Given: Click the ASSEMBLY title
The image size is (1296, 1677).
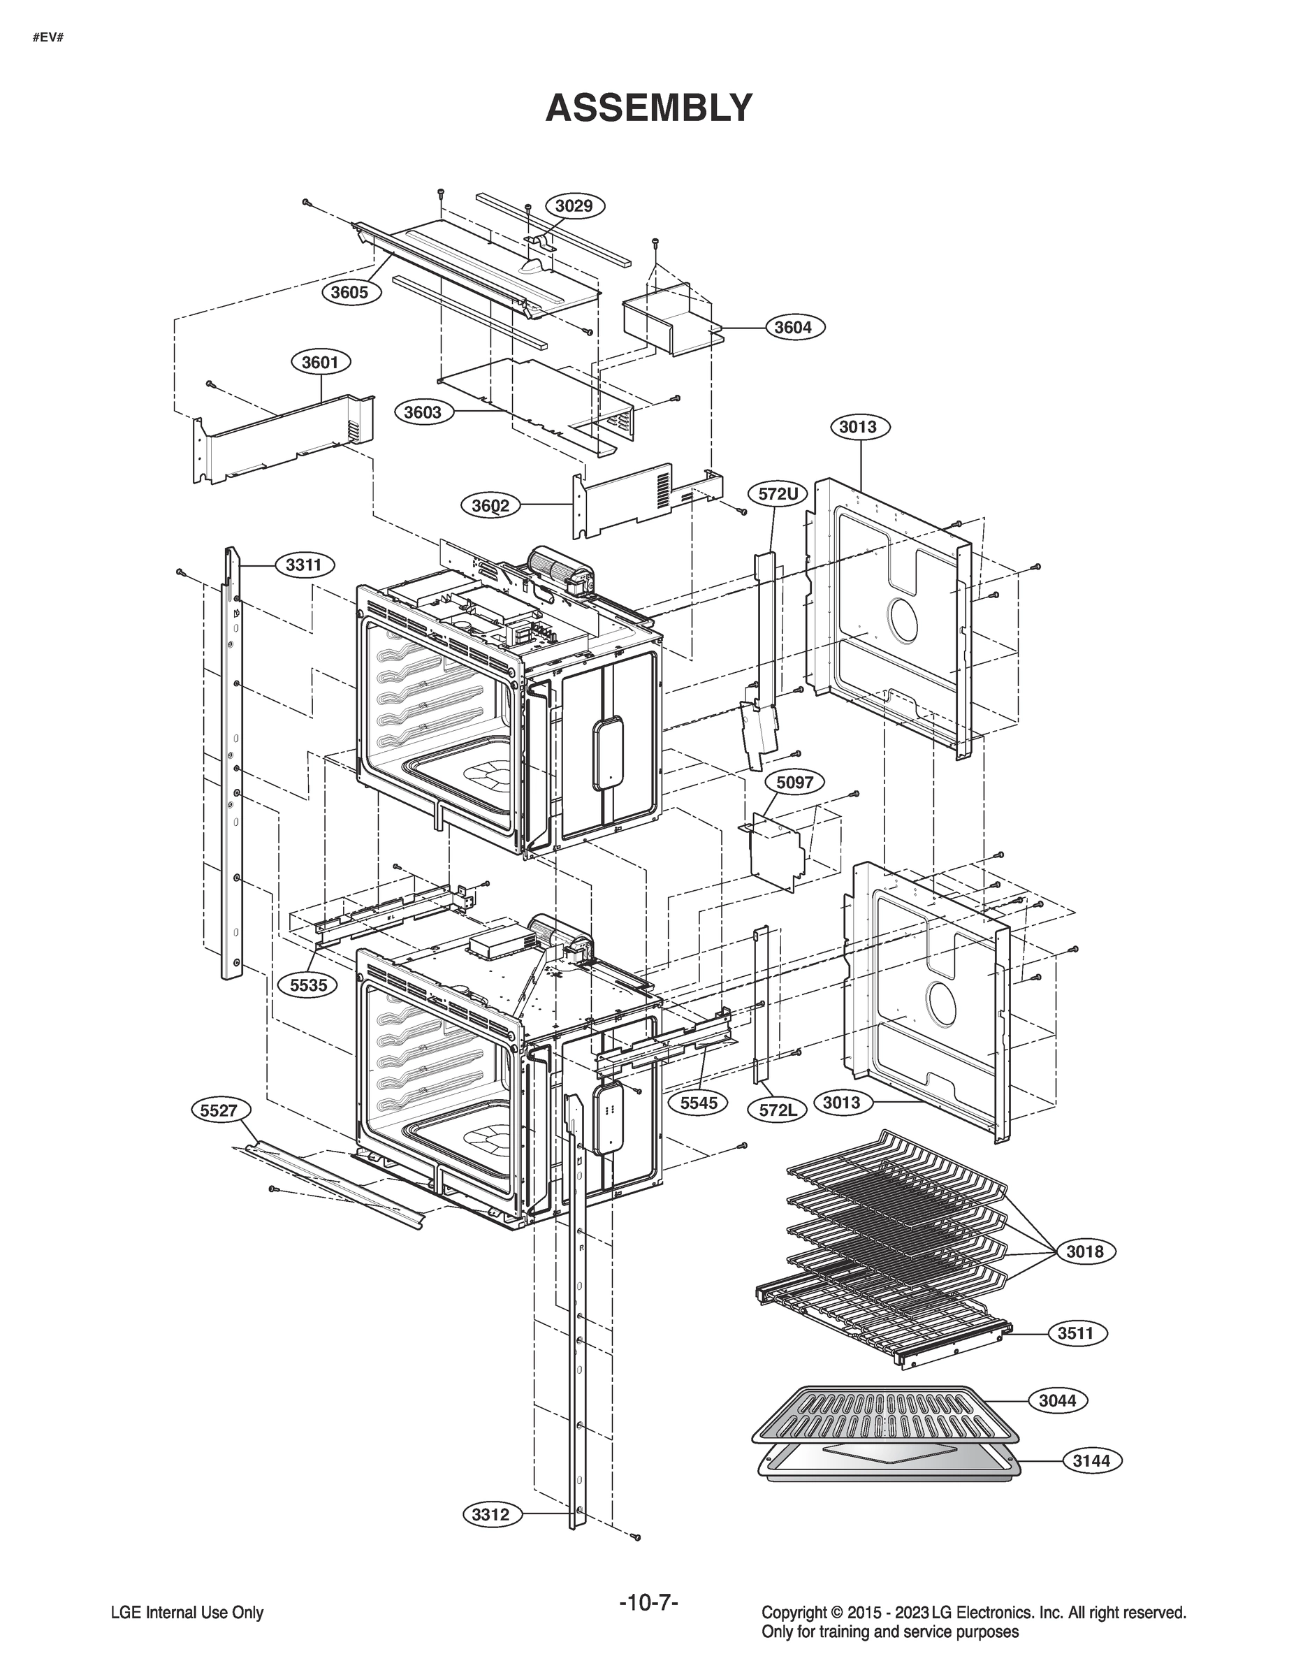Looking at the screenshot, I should click(648, 108).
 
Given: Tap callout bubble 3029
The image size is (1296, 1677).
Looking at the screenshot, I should click(574, 206).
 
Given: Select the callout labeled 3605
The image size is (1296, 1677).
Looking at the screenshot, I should click(349, 293).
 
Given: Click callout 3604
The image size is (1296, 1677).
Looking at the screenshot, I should click(793, 327).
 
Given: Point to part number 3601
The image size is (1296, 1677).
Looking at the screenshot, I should click(320, 362).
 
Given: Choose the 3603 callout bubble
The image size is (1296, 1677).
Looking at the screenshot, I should click(423, 412).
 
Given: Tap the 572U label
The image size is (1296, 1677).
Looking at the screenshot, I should click(778, 494).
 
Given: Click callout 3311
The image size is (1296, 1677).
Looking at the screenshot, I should click(304, 565).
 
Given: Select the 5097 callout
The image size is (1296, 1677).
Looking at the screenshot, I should click(794, 783).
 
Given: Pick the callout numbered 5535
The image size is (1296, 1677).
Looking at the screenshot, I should click(308, 985).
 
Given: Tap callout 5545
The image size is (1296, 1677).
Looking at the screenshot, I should click(699, 1103).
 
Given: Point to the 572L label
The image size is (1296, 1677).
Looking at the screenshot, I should click(778, 1110).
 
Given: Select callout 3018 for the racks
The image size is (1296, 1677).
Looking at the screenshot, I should click(1084, 1251).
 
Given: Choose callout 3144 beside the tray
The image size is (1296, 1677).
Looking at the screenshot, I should click(1091, 1460).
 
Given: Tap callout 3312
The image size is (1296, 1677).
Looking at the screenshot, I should click(490, 1515).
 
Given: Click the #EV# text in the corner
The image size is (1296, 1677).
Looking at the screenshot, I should click(48, 37).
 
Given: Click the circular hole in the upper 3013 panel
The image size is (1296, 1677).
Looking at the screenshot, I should click(902, 619).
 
